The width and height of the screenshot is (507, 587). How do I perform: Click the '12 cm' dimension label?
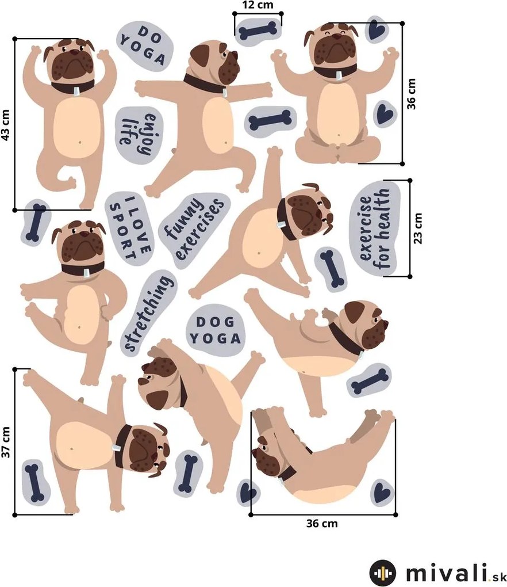258,5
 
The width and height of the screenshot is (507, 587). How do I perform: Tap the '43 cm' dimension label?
5,125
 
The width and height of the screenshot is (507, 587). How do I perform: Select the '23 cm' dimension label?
418,228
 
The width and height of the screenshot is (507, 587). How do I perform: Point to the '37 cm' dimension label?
5,442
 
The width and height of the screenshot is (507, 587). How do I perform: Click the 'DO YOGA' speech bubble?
145,45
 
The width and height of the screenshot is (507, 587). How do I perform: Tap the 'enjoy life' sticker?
139,135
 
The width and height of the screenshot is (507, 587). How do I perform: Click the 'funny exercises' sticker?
194,229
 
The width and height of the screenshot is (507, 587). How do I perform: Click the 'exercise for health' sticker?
376,228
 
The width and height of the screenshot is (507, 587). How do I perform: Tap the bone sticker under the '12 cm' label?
258,32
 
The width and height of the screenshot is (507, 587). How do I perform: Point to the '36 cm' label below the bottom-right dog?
322,523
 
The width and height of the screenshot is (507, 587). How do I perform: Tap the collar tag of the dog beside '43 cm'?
76,91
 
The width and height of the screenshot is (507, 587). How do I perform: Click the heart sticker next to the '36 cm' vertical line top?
376,29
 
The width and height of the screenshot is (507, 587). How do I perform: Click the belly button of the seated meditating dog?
339,135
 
